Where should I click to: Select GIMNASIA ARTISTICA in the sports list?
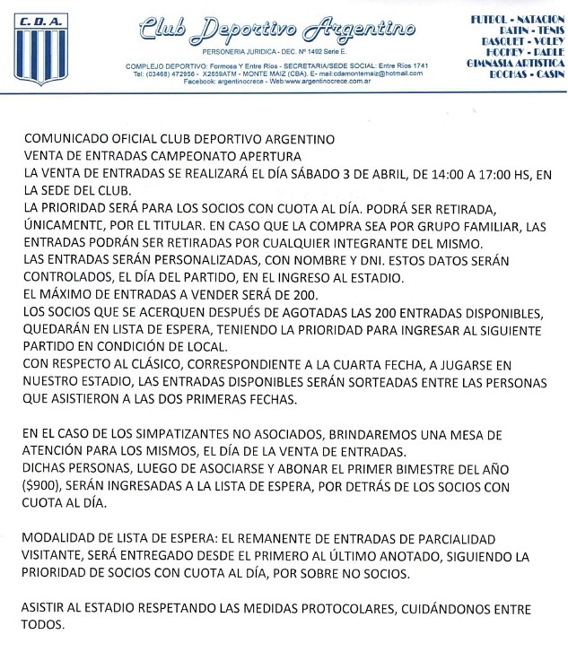point(514,65)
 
